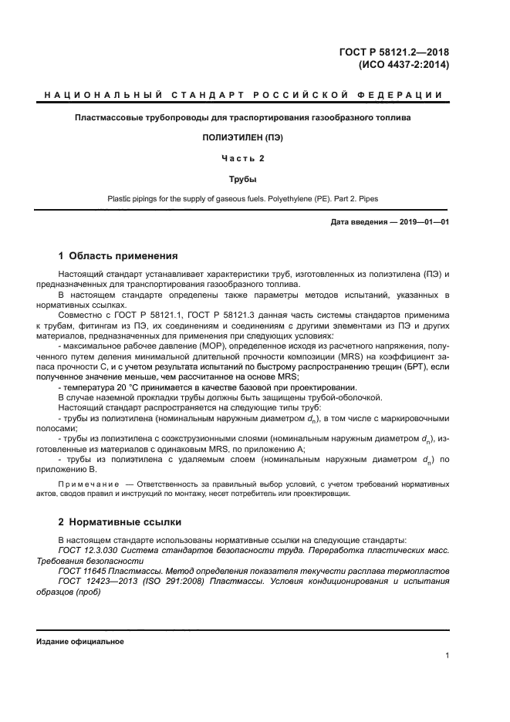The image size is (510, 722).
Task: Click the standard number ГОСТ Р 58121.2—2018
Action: point(393,52)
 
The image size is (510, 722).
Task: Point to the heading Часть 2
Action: point(243,158)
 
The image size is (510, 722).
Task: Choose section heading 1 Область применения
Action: point(118,256)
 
